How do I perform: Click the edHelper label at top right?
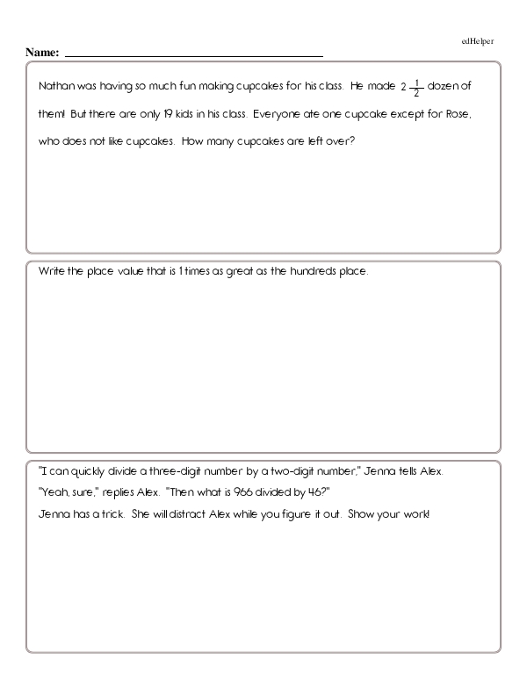click(x=477, y=41)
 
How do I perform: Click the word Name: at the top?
click(x=42, y=54)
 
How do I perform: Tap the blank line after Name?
click(x=193, y=55)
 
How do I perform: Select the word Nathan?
click(x=56, y=87)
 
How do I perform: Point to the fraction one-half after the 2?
click(x=417, y=87)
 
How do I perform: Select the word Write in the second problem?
click(x=53, y=272)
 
